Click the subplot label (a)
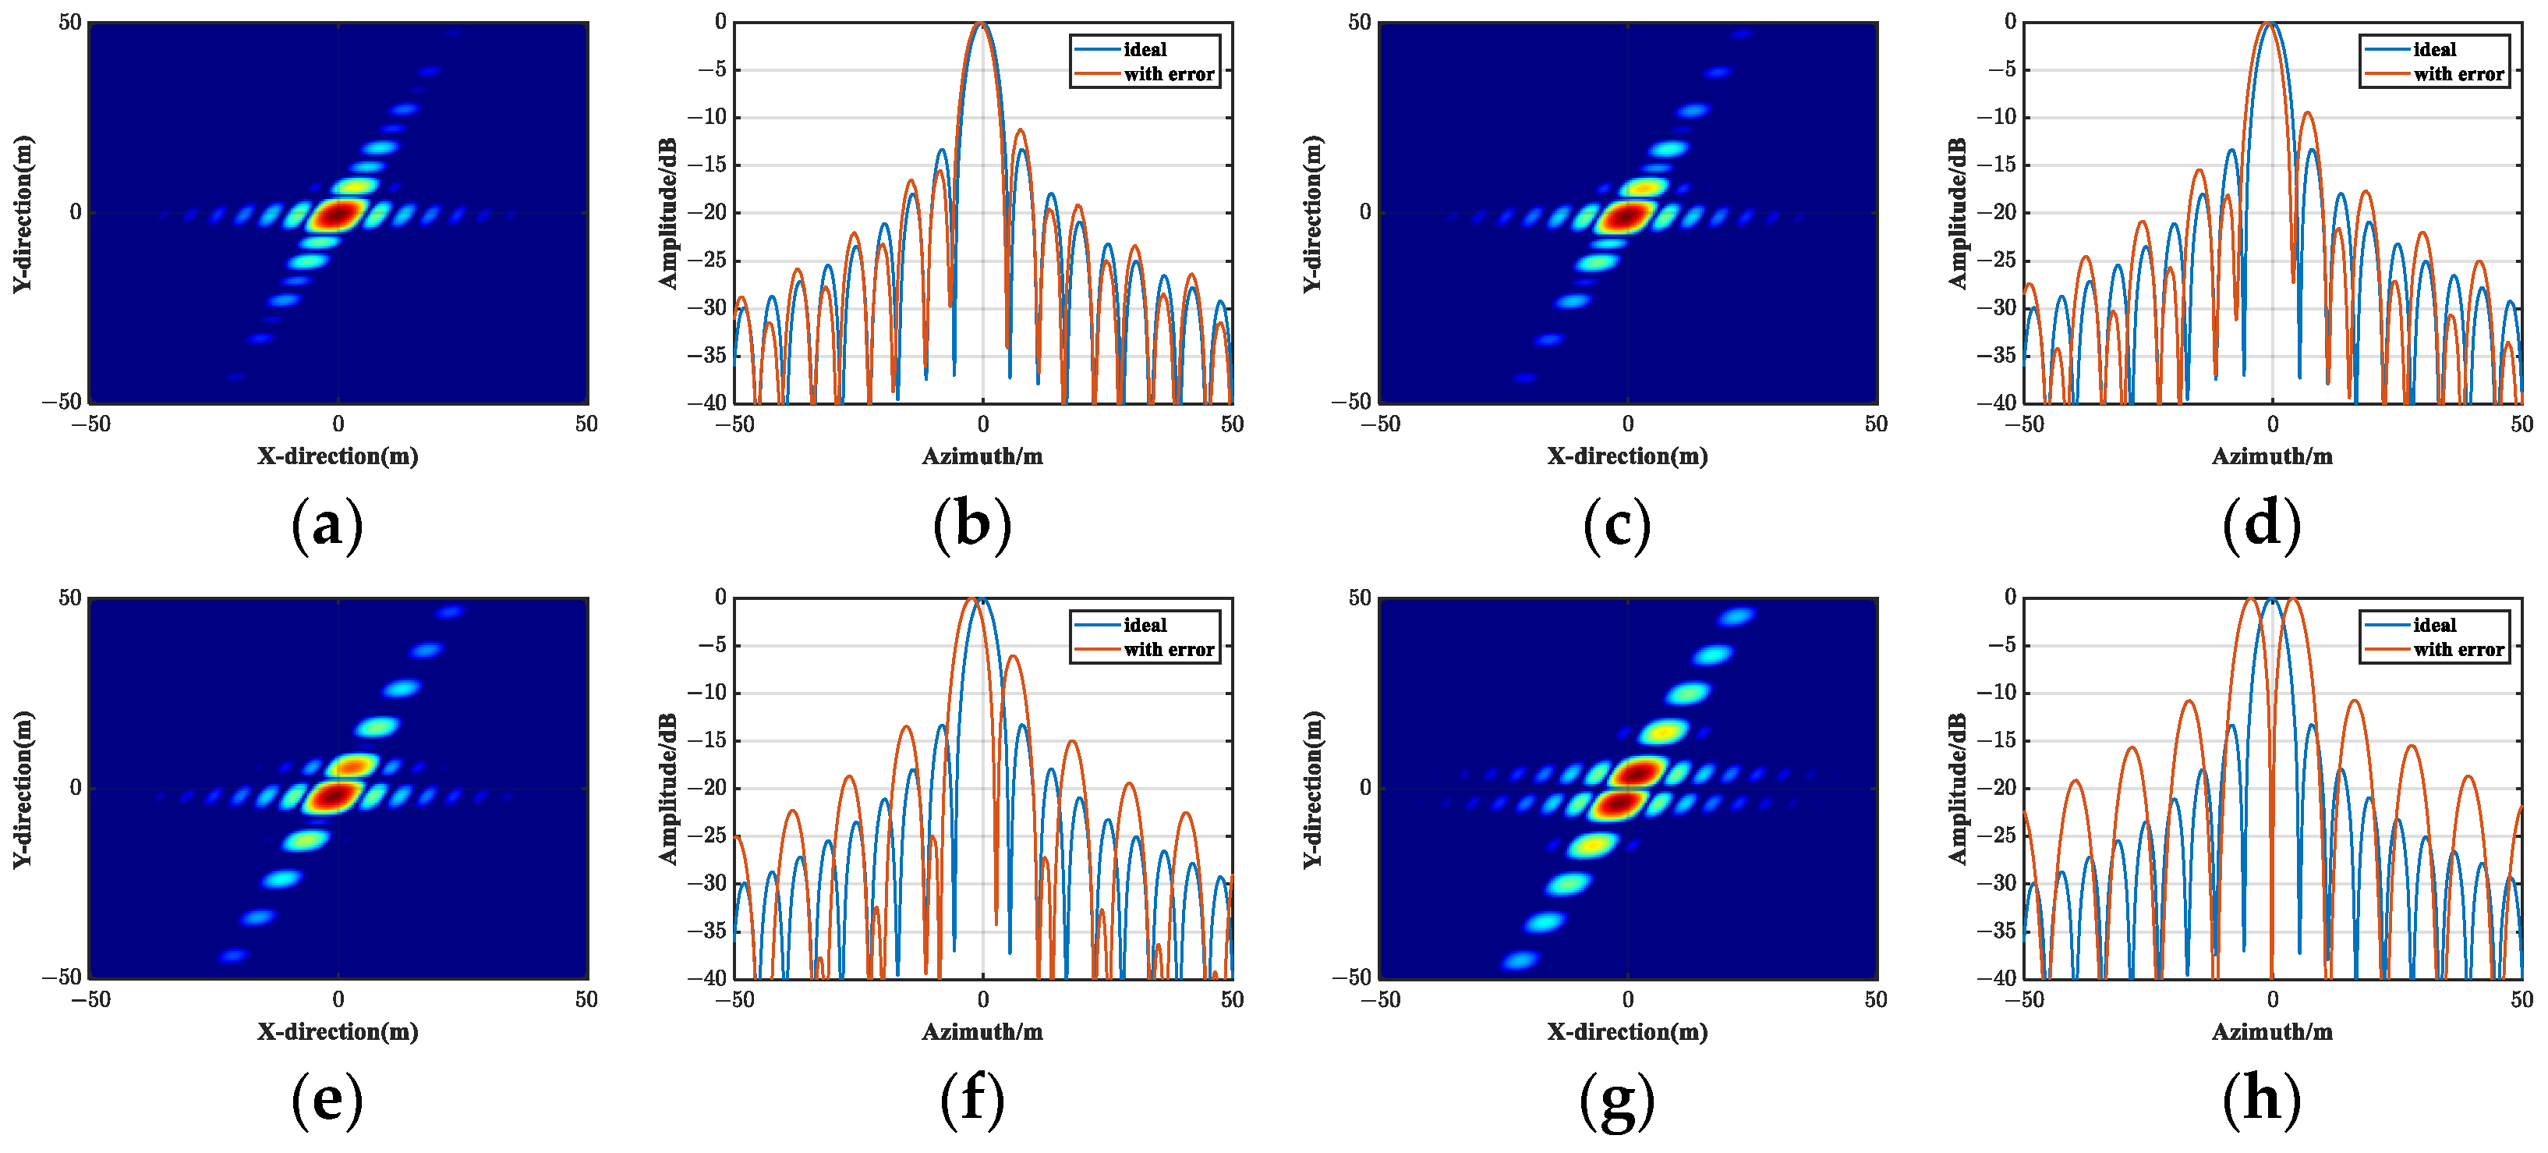click(327, 523)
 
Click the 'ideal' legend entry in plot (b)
click(1145, 49)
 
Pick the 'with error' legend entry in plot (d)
click(2458, 74)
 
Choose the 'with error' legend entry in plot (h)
click(2458, 651)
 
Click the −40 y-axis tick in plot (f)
click(706, 977)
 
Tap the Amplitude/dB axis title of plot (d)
click(1958, 213)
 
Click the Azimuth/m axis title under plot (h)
click(2272, 1032)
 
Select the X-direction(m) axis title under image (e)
click(338, 1032)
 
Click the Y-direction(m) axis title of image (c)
click(1312, 213)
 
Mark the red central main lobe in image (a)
click(338, 214)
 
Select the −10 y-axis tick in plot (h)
click(1996, 693)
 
